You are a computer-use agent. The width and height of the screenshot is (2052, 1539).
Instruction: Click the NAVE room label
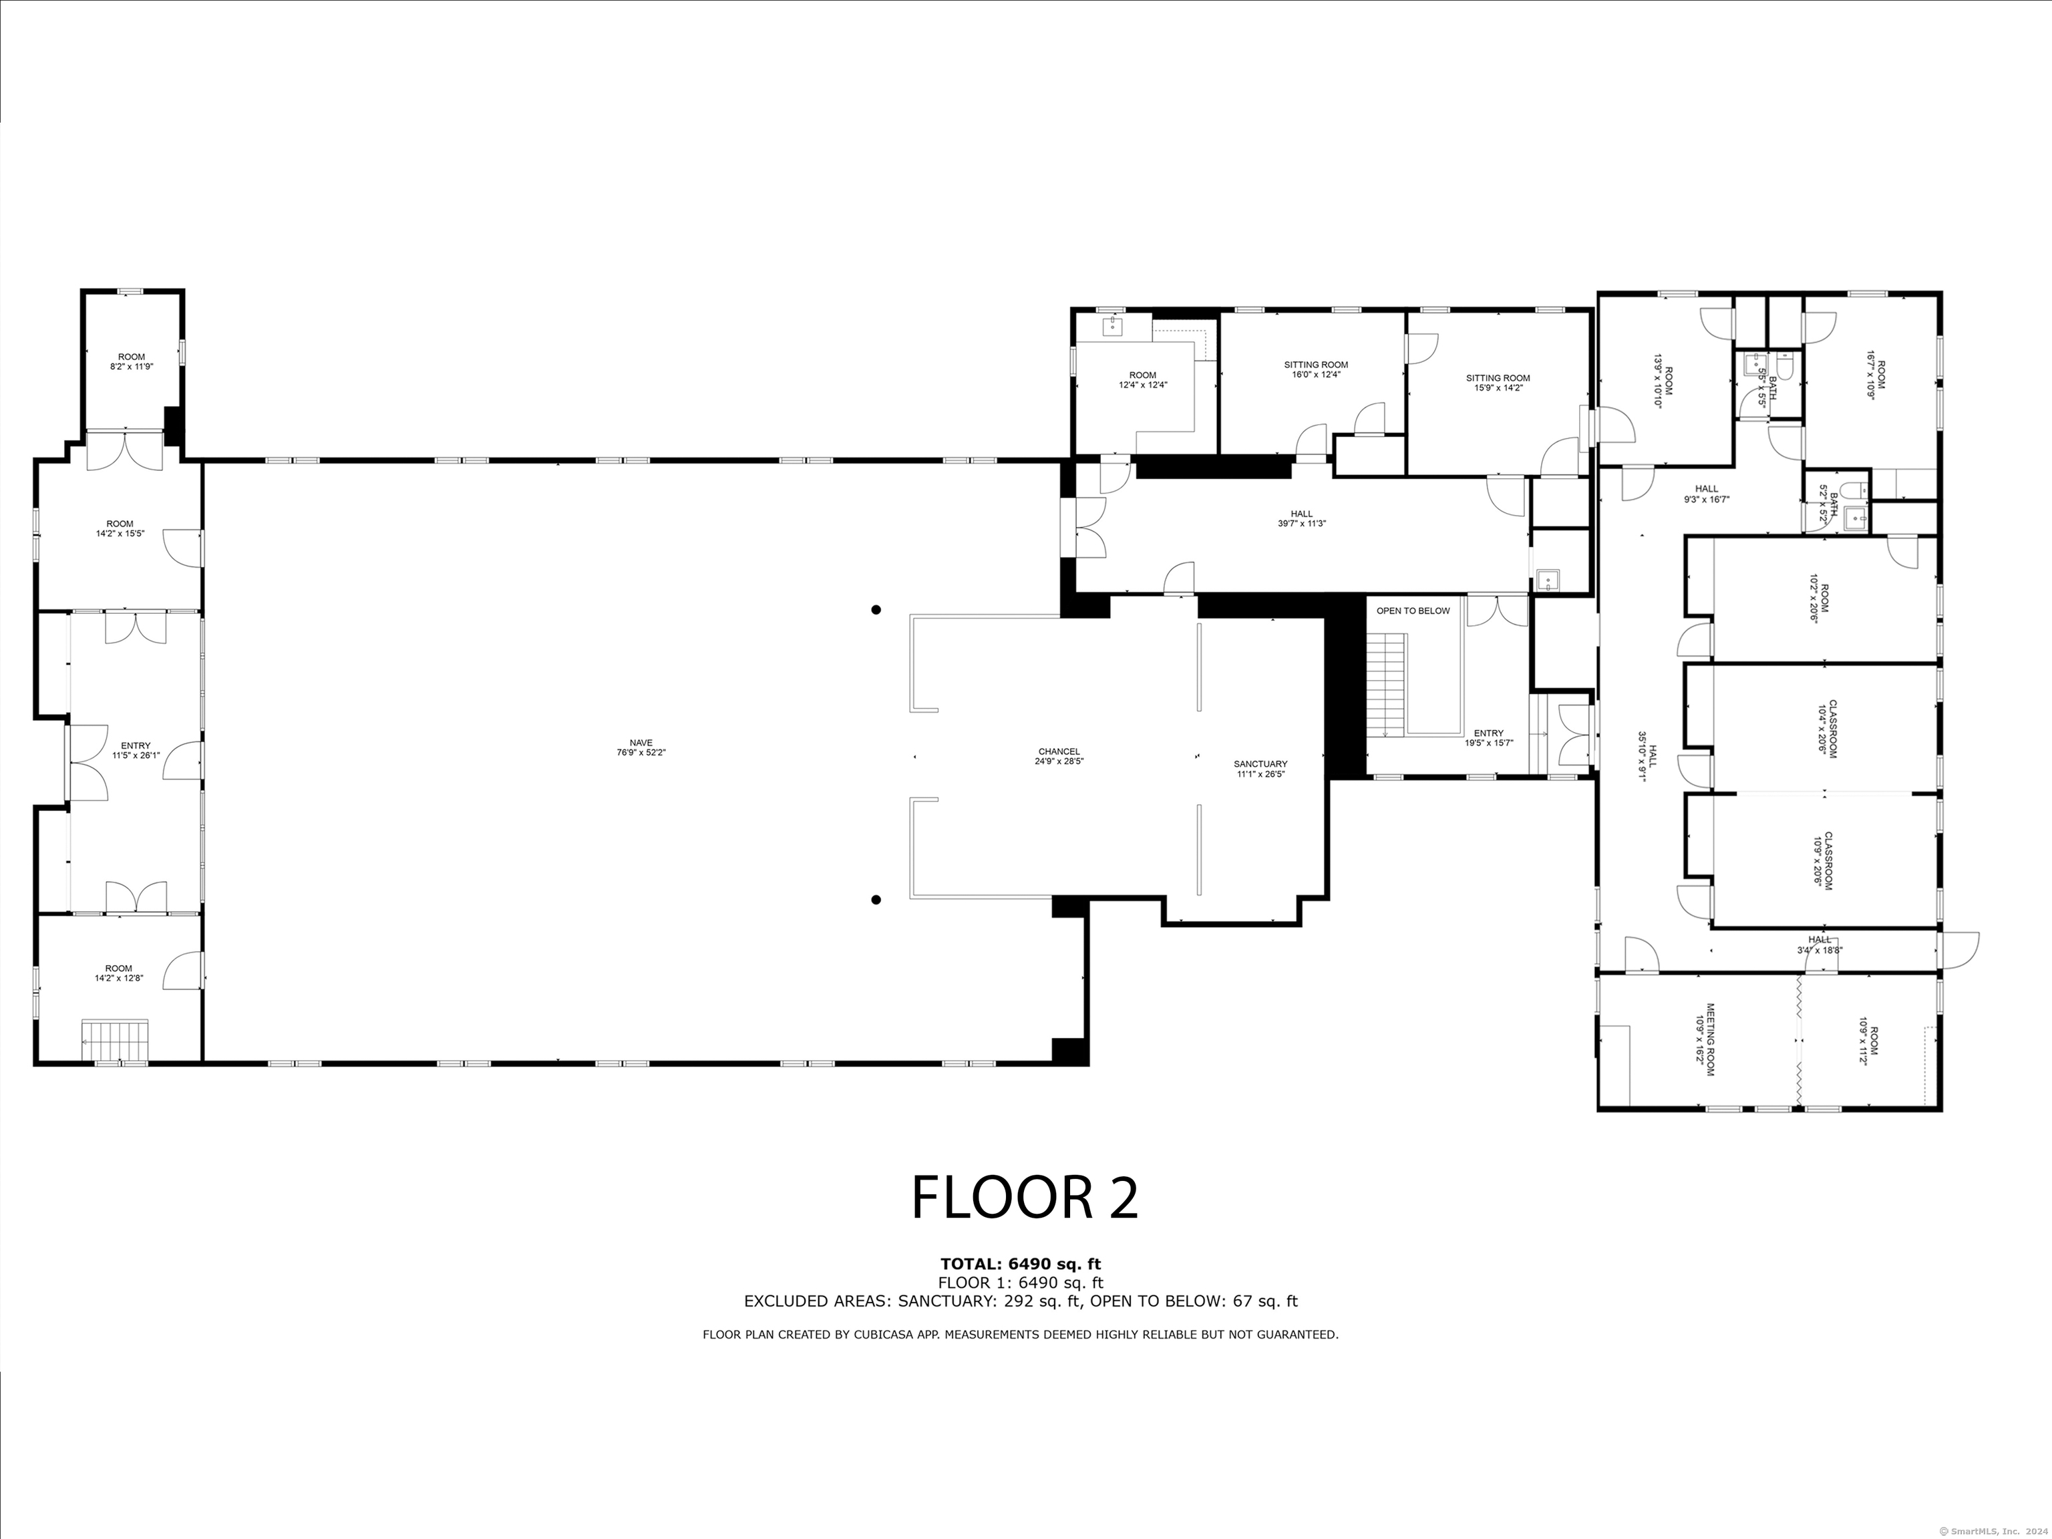641,747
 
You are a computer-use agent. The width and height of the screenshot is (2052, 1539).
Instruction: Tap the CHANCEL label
1059,756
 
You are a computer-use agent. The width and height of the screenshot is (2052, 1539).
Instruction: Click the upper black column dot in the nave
876,609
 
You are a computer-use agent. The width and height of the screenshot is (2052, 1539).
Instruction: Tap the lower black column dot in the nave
876,899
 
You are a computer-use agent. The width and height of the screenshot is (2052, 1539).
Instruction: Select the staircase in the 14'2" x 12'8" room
115,1039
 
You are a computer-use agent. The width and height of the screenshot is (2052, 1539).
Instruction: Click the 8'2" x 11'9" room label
132,362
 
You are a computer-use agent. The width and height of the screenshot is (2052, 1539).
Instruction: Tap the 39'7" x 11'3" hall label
1301,518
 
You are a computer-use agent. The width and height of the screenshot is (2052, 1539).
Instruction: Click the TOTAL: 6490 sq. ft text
1021,1264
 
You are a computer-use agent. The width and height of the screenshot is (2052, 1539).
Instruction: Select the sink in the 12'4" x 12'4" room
1112,325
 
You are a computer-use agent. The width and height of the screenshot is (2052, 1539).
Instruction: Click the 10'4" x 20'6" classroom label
1827,731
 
